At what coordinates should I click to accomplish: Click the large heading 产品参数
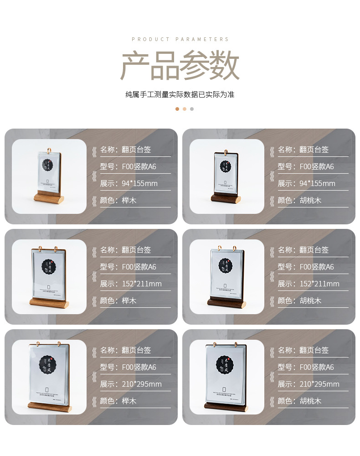180,67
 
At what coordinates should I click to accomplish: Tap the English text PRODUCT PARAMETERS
180,40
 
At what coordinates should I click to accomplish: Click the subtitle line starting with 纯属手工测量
180,95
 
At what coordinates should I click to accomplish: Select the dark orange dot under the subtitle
177,109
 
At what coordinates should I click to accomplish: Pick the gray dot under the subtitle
192,109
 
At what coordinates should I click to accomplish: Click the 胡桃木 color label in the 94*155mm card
310,200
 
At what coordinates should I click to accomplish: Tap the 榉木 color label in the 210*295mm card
129,401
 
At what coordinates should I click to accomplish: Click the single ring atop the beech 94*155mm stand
49,148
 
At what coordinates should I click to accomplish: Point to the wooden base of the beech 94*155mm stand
49,198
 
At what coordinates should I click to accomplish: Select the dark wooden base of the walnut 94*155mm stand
226,198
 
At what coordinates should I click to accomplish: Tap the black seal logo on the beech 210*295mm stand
49,363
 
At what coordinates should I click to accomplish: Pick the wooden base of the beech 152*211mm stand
49,302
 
